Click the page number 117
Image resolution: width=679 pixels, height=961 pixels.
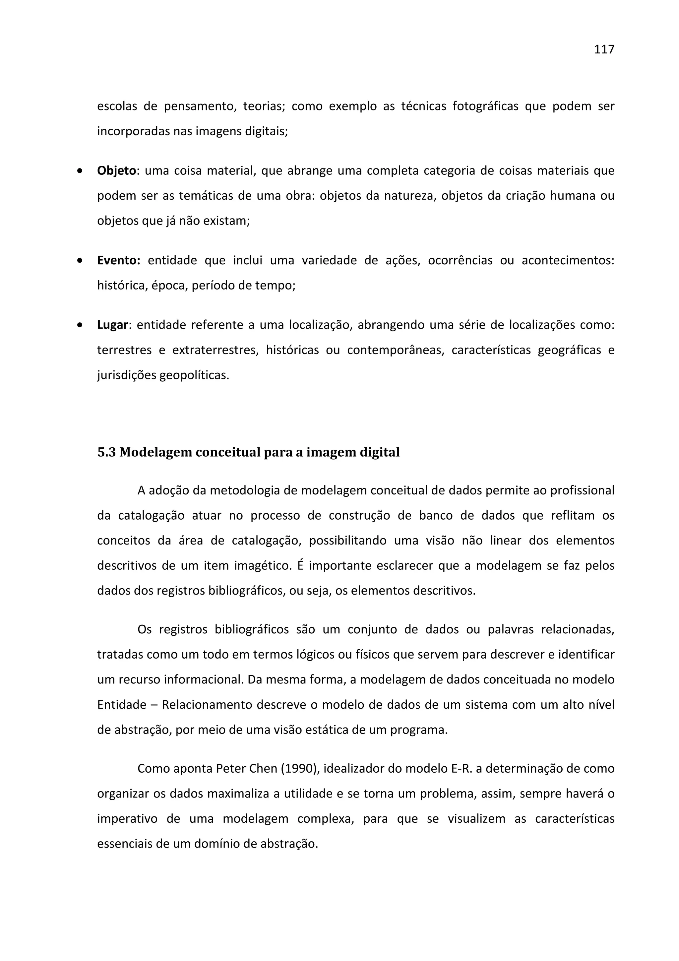pyautogui.click(x=604, y=50)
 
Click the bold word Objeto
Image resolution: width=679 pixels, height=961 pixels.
pyautogui.click(x=116, y=171)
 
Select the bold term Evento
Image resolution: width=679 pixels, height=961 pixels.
pyautogui.click(x=118, y=260)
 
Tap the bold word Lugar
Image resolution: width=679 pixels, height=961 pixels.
pyautogui.click(x=112, y=325)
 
